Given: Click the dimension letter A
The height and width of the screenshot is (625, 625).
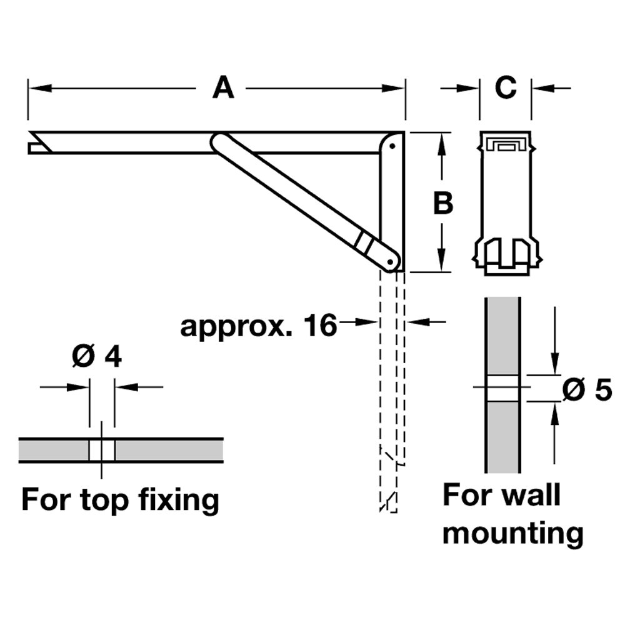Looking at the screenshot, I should pyautogui.click(x=222, y=87).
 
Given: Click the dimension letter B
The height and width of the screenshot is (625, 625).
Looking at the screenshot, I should pyautogui.click(x=442, y=203).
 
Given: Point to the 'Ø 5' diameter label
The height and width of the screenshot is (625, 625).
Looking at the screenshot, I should pyautogui.click(x=586, y=391).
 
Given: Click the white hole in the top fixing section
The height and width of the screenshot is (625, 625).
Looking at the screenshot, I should pyautogui.click(x=101, y=450).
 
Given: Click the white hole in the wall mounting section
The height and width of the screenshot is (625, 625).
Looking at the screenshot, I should pyautogui.click(x=502, y=389).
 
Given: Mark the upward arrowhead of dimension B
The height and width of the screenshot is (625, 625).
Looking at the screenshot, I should pyautogui.click(x=442, y=141).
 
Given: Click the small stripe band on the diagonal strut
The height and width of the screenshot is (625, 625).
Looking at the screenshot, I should pyautogui.click(x=362, y=241).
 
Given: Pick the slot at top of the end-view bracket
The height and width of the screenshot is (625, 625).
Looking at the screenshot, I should pyautogui.click(x=505, y=145).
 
